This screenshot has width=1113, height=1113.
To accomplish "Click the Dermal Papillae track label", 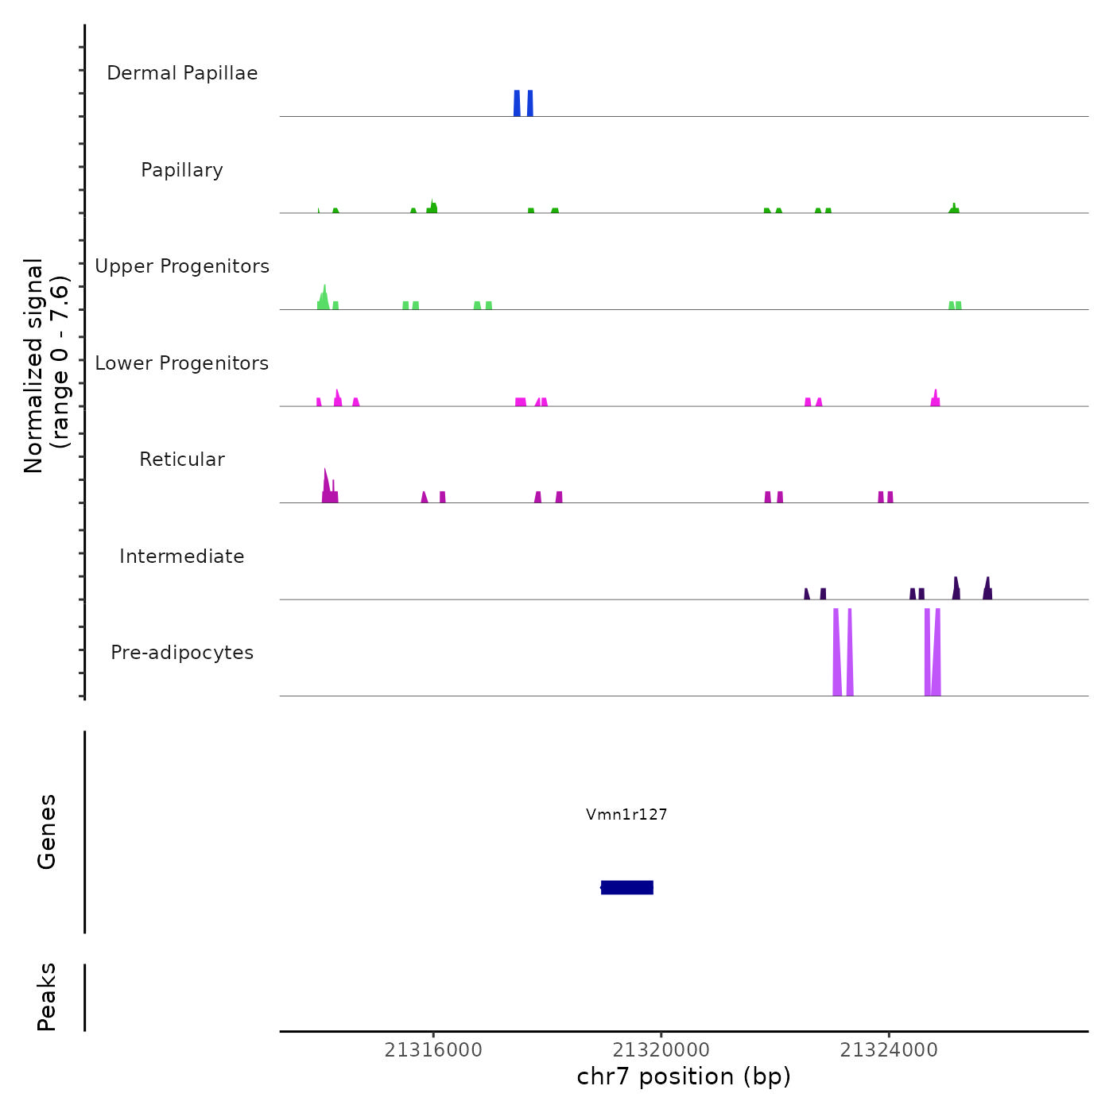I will tap(182, 73).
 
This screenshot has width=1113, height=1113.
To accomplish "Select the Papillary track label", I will tap(182, 170).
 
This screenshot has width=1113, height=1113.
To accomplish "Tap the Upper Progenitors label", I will tap(182, 266).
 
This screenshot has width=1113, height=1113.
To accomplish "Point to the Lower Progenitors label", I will tap(182, 363).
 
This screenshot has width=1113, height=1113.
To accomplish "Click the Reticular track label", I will tap(182, 460).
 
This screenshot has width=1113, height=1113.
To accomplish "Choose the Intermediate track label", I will tap(182, 556).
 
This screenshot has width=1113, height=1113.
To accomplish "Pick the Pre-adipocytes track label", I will tap(182, 653).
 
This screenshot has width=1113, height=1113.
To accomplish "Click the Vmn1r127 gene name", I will tap(626, 814).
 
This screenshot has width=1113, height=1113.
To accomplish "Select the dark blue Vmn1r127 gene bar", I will tap(627, 887).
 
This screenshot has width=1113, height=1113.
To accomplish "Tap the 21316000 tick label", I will tap(433, 1050).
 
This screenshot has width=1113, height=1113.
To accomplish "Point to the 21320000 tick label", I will tap(661, 1050).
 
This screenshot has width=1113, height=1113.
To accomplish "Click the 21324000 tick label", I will tap(889, 1050).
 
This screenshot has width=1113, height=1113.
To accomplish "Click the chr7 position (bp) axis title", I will tap(684, 1076).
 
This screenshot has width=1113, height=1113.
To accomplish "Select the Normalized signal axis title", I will tap(46, 366).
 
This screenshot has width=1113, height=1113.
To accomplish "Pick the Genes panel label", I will tap(47, 832).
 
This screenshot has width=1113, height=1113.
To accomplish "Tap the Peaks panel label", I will tap(47, 997).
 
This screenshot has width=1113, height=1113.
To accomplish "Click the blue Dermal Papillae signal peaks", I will tap(523, 103).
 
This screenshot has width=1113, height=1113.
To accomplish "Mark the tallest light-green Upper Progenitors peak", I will tap(324, 296).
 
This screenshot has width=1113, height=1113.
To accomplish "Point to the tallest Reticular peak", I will tap(326, 485).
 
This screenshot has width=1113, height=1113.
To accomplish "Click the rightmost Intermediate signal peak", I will tap(987, 589).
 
